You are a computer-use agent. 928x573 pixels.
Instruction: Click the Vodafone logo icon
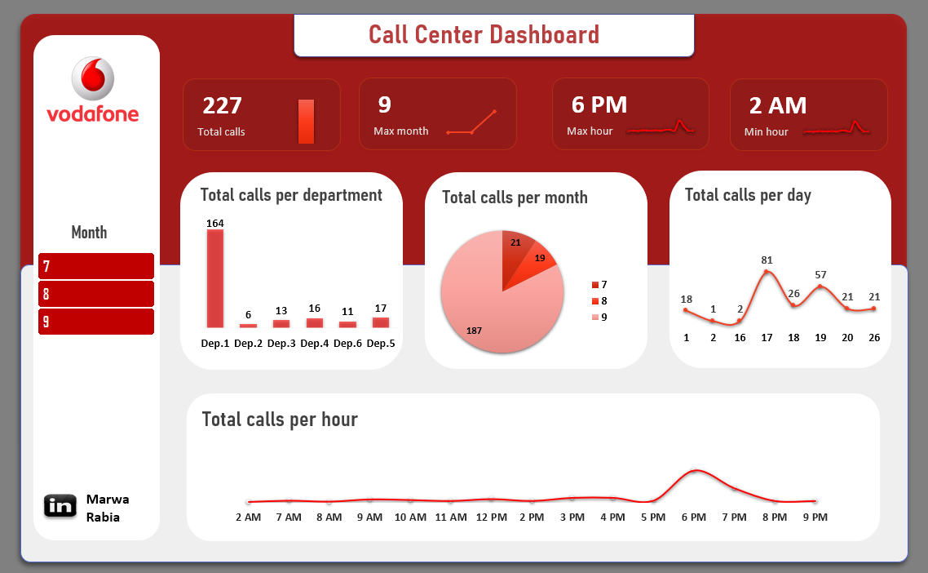[x=93, y=79]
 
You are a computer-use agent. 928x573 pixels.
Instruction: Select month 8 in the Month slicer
[x=95, y=294]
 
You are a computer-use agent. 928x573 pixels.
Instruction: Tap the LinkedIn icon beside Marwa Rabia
[x=60, y=506]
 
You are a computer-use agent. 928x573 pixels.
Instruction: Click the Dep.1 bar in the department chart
[x=214, y=278]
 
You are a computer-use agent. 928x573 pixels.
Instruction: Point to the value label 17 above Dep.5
[x=381, y=309]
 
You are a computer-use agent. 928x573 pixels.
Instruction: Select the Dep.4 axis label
[x=314, y=344]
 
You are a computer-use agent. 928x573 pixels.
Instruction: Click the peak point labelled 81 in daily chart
[x=767, y=271]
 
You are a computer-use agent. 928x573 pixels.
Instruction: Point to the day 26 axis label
[x=874, y=337]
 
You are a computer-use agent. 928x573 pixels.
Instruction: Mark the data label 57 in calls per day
[x=820, y=275]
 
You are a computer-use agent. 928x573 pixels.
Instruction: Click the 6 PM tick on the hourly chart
[x=694, y=517]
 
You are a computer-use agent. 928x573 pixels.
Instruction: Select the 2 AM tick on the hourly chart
[x=248, y=517]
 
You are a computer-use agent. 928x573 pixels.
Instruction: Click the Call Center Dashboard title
[x=484, y=35]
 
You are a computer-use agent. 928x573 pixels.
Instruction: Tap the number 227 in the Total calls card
[x=222, y=105]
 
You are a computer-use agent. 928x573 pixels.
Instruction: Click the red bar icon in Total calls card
[x=306, y=122]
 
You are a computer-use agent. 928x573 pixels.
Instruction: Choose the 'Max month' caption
[x=400, y=131]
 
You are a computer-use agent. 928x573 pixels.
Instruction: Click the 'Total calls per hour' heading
[x=280, y=420]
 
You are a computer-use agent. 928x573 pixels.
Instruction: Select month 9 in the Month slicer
[x=95, y=322]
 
